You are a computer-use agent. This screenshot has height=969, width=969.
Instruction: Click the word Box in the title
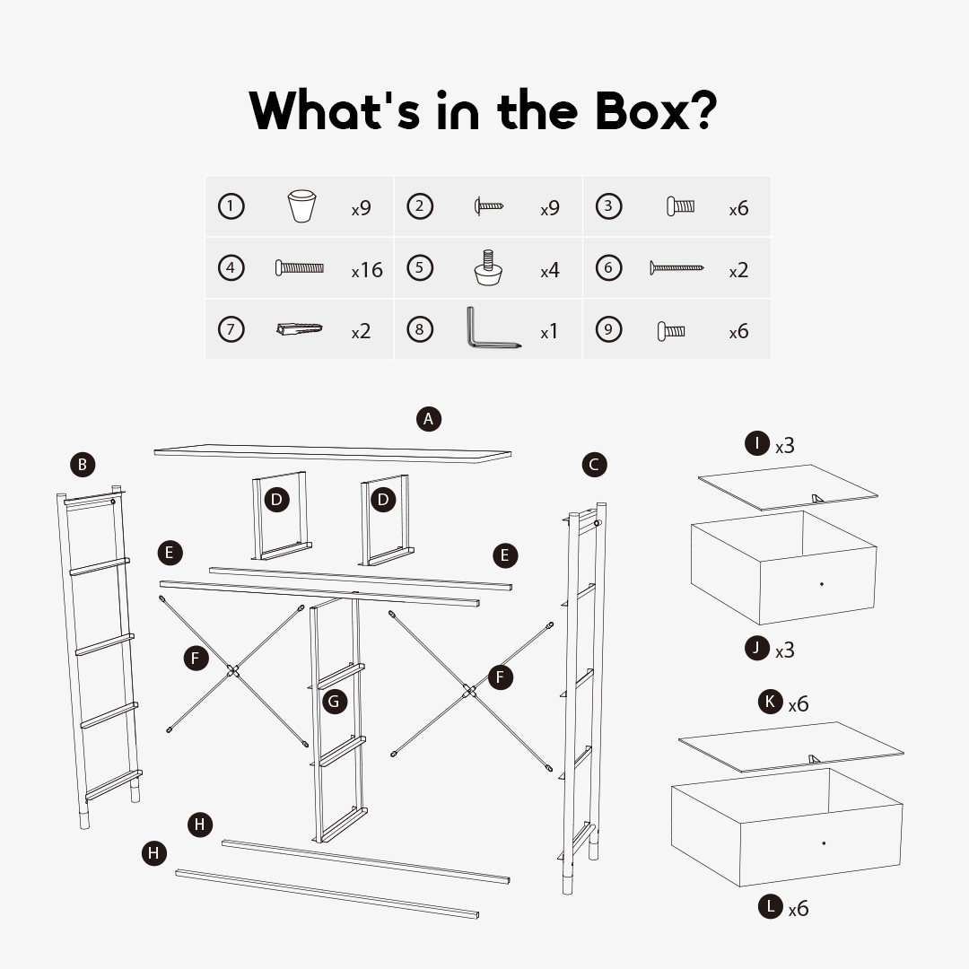[x=643, y=110]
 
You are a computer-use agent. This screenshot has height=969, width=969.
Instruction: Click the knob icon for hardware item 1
[x=302, y=205]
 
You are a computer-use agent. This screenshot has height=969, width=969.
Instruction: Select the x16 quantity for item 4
[x=367, y=270]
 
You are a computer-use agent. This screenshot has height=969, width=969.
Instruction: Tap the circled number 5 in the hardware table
[x=420, y=267]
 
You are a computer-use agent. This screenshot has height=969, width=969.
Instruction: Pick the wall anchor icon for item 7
[x=300, y=328]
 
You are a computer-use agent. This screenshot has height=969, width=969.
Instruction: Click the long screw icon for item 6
[x=677, y=267]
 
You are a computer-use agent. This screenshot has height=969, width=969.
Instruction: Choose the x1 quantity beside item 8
[x=549, y=332]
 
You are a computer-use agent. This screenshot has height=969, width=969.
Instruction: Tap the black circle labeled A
[x=429, y=419]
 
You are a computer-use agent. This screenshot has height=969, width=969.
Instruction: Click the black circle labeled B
[x=83, y=465]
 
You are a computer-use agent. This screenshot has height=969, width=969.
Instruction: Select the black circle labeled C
[x=595, y=465]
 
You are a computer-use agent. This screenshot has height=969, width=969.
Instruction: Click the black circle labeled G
[x=335, y=702]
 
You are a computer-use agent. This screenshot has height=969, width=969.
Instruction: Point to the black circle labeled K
[x=771, y=702]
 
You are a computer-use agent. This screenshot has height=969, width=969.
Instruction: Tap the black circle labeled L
[x=771, y=906]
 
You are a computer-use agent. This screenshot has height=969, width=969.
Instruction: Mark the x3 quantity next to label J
[x=785, y=650]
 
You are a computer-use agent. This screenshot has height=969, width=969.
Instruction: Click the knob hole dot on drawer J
[x=821, y=584]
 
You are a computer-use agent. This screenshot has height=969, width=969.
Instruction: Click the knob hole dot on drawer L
[x=824, y=842]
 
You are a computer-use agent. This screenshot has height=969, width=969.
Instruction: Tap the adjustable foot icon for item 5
[x=488, y=267]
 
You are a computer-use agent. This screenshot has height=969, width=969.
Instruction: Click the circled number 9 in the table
[x=608, y=329]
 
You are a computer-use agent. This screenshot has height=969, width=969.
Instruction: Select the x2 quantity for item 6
[x=738, y=270]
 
